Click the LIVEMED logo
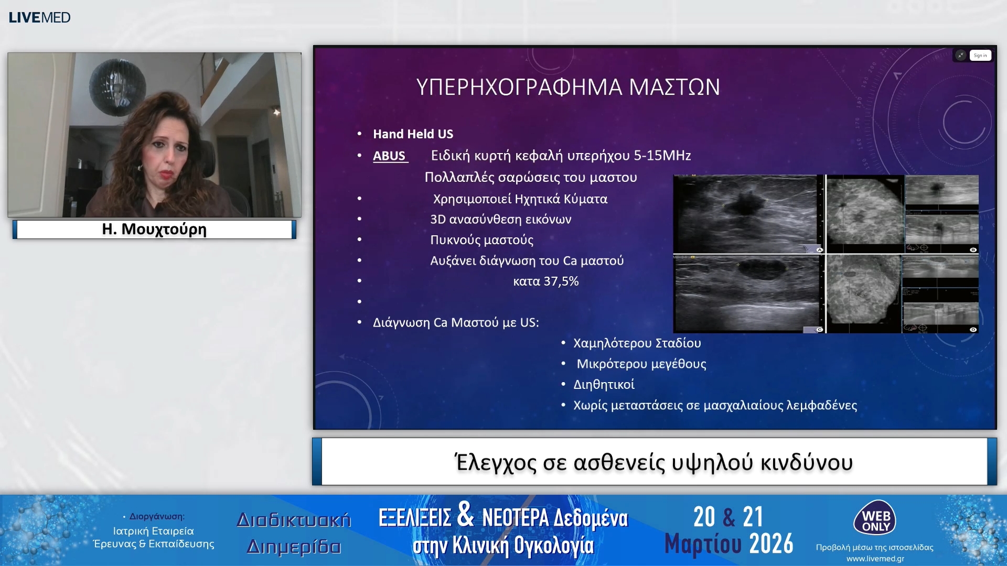pos(40,18)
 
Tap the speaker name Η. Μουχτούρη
pos(154,230)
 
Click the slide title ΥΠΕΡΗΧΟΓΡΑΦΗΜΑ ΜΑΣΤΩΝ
pos(568,87)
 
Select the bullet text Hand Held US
pos(413,134)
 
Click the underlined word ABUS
pos(389,156)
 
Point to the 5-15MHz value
pos(662,156)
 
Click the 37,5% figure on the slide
pos(561,281)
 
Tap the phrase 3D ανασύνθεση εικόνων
pos(500,220)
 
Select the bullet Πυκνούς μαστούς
pos(481,240)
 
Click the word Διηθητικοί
pos(604,385)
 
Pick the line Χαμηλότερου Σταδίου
pos(637,343)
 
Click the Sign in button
pos(980,56)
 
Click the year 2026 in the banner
pos(771,544)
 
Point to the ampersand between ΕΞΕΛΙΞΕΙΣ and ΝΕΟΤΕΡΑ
pos(466,515)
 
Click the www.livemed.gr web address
pos(875,559)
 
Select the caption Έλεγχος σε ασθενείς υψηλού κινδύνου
pos(654,462)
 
